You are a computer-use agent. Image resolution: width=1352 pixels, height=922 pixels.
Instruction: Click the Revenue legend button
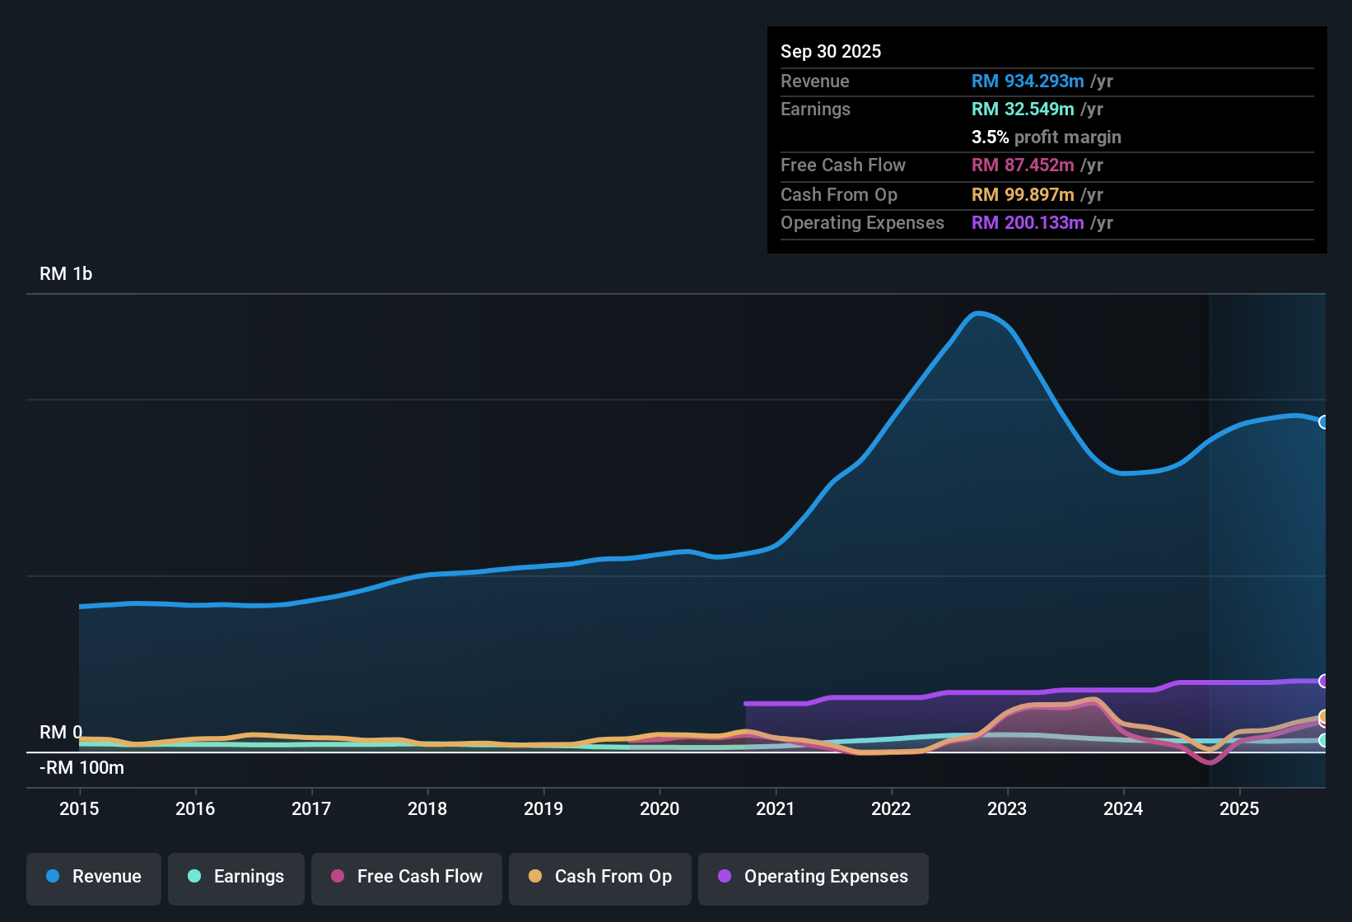point(94,878)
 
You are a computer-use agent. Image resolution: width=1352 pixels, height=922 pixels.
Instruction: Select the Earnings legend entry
point(236,878)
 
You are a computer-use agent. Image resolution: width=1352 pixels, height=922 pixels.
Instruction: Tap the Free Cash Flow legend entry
point(407,878)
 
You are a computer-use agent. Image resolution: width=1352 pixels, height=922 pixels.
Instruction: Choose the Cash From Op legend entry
point(600,878)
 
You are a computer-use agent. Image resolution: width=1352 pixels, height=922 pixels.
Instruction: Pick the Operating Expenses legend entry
point(814,878)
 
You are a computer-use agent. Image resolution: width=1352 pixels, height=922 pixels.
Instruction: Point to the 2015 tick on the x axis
point(79,808)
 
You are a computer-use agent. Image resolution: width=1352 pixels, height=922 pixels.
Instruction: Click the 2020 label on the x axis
point(660,808)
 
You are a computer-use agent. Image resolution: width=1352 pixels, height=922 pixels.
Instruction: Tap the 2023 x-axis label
point(1007,808)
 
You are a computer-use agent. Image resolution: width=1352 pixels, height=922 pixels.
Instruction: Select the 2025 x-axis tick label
point(1239,808)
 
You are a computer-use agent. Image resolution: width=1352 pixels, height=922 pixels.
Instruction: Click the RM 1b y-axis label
point(66,274)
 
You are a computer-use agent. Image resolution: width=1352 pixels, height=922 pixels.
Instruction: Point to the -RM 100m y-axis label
point(82,768)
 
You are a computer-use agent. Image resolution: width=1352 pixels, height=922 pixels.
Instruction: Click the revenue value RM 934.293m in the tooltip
point(1028,81)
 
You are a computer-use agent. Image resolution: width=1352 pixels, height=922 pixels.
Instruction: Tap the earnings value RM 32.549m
point(1023,109)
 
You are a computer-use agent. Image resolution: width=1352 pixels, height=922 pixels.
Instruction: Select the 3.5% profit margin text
point(1046,137)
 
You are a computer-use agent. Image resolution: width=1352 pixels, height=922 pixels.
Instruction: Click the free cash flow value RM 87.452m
point(1023,165)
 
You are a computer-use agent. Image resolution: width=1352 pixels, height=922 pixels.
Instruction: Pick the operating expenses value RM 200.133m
point(1028,223)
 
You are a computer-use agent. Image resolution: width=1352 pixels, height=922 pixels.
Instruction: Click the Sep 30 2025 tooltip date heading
point(831,52)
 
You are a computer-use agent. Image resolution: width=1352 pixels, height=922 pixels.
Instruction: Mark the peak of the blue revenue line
point(977,313)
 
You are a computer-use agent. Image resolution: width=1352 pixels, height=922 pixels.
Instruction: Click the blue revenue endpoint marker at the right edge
point(1323,422)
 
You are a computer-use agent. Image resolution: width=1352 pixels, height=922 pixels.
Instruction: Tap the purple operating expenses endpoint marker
point(1323,681)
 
